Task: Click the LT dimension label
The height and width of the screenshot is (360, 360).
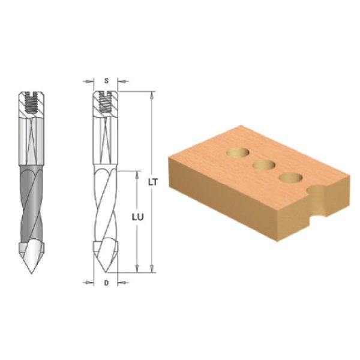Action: click(x=153, y=182)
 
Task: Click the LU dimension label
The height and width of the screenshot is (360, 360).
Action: click(x=137, y=217)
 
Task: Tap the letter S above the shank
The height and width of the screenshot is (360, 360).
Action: click(x=106, y=81)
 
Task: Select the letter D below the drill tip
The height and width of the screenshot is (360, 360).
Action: click(x=106, y=283)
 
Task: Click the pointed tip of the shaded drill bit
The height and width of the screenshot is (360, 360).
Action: click(x=31, y=273)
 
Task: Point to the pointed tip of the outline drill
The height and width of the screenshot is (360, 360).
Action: click(x=106, y=272)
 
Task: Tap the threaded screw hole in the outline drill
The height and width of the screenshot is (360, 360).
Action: click(x=106, y=102)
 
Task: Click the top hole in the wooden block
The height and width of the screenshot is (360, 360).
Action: click(x=238, y=152)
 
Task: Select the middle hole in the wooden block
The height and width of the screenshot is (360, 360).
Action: click(x=264, y=166)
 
